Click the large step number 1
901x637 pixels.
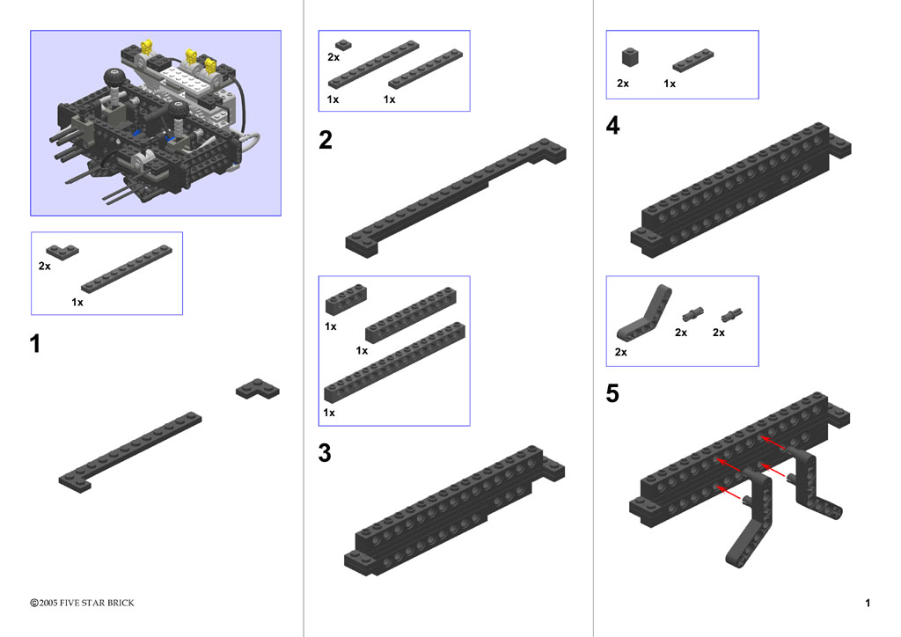coord(35,343)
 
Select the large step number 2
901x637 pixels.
coord(326,140)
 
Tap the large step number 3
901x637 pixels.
coord(325,452)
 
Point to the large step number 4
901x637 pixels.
coord(613,125)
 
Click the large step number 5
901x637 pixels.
coord(612,393)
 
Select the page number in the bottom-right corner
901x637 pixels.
coord(868,603)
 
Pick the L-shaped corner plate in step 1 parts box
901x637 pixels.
coord(62,252)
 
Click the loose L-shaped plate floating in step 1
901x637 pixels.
coord(258,389)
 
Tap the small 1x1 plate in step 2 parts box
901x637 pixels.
coord(344,45)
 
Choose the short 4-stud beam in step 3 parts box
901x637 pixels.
coord(346,298)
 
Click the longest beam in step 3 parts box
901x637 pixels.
coord(395,362)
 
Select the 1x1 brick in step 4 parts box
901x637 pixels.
coord(630,57)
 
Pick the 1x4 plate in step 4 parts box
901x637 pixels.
coord(693,61)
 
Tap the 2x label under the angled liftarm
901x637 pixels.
coord(621,352)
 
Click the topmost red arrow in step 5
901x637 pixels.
coord(773,443)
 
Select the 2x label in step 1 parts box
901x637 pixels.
coord(44,266)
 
